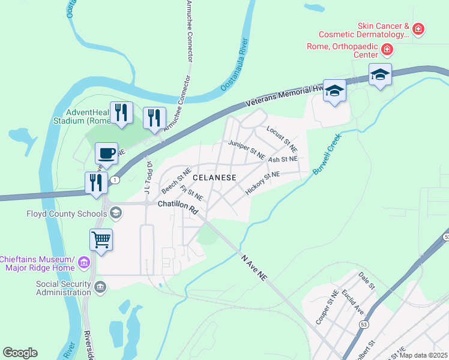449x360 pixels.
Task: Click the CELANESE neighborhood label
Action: [214, 178]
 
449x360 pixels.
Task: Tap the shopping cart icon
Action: [101, 240]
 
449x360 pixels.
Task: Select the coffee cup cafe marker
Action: [107, 153]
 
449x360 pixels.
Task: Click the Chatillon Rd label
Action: [178, 204]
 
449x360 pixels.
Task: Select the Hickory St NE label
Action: [263, 182]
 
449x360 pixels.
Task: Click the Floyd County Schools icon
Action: [116, 212]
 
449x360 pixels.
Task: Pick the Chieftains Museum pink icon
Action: [83, 263]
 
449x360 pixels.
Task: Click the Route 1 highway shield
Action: [114, 180]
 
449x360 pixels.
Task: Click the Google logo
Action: [20, 353]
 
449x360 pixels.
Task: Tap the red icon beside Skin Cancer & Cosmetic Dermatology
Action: [418, 28]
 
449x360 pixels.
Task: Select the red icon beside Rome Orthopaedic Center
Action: [388, 49]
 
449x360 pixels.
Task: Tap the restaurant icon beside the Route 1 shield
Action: [96, 182]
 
